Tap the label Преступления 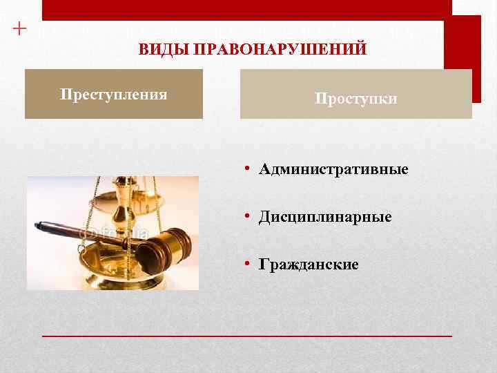114,94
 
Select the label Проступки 356,99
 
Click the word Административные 333,169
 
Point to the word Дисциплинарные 325,217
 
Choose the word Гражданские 309,265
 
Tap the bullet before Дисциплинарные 248,217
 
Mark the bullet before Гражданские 248,265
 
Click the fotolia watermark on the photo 114,233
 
